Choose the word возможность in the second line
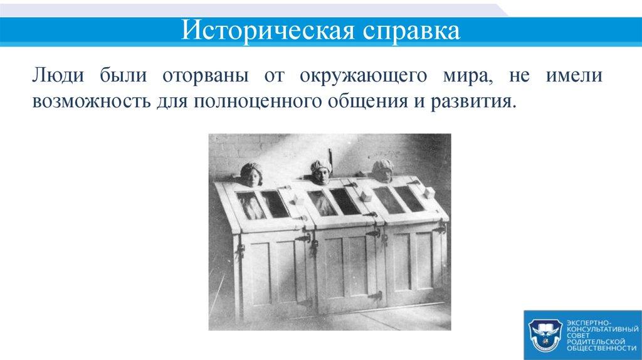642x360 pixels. [88, 102]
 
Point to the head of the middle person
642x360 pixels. [320, 172]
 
